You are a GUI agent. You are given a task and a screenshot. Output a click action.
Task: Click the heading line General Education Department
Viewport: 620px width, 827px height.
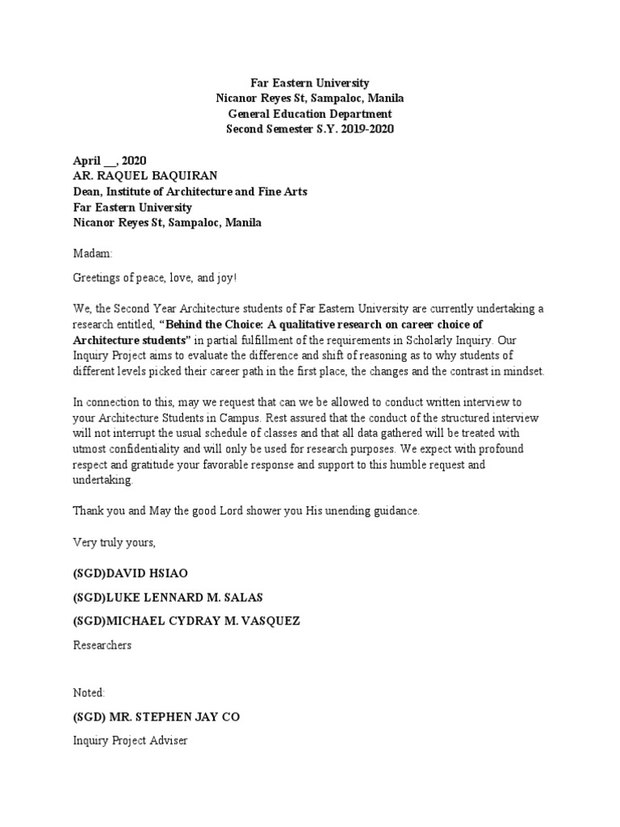(x=310, y=114)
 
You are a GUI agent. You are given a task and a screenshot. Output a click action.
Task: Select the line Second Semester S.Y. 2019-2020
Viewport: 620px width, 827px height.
(x=310, y=129)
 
